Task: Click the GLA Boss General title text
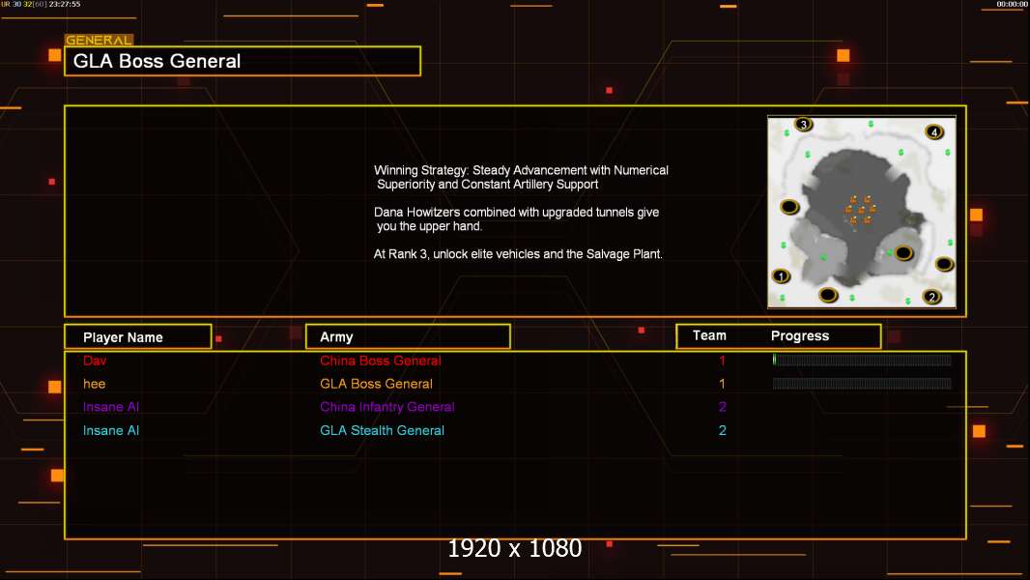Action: pos(157,61)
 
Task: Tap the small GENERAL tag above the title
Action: pos(99,40)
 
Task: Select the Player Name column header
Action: pos(123,337)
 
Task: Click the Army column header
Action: pos(336,337)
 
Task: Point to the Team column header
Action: pos(709,335)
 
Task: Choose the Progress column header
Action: pos(800,335)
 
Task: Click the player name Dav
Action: pos(95,361)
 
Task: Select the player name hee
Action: pos(94,384)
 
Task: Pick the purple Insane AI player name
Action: pos(111,407)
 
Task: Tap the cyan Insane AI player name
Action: pos(111,430)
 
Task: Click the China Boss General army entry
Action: pos(381,361)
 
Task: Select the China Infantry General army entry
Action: pos(386,407)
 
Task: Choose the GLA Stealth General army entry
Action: pos(382,430)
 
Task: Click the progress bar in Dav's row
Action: pos(862,360)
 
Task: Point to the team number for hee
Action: pos(722,384)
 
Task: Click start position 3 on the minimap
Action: pos(803,124)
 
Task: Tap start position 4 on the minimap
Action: pos(934,132)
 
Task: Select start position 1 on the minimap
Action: pos(781,275)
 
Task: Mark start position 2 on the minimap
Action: pos(931,297)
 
